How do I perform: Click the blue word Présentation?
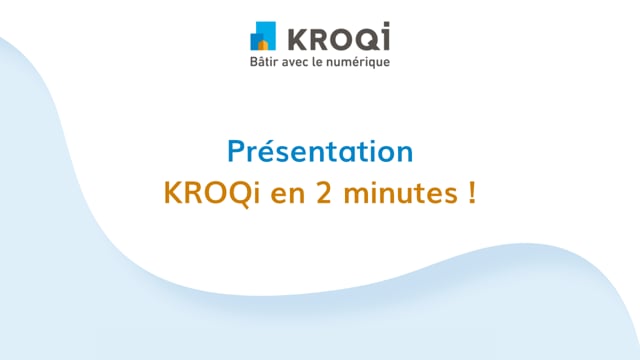320,153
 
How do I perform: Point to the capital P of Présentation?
236,153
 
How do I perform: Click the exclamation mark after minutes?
469,192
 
